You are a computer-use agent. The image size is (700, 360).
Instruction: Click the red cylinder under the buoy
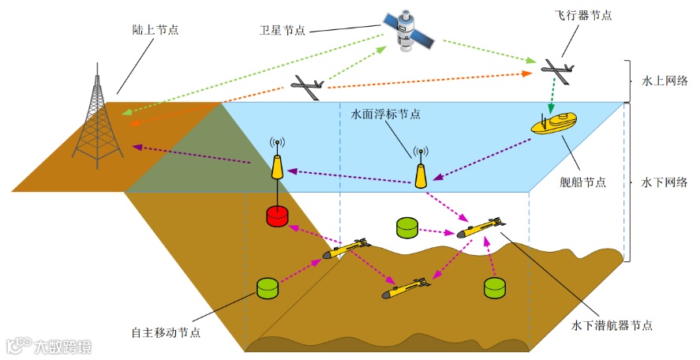click(278, 216)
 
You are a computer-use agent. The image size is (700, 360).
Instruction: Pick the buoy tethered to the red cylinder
click(278, 166)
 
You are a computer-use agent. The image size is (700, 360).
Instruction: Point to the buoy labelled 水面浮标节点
click(421, 171)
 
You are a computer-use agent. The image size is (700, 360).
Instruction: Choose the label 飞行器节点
click(583, 16)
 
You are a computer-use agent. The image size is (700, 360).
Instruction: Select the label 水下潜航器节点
click(612, 324)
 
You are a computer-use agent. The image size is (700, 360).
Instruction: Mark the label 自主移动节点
click(167, 332)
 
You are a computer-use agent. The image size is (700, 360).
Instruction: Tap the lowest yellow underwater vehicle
click(407, 287)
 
